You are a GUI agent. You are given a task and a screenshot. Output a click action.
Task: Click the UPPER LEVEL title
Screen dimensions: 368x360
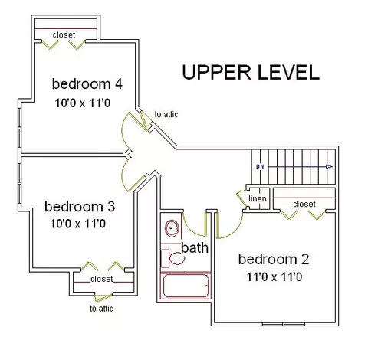click(x=251, y=72)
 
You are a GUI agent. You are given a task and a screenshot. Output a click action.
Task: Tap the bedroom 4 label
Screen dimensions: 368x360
click(x=87, y=84)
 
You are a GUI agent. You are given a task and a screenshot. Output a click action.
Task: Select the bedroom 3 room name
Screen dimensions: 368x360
click(x=80, y=207)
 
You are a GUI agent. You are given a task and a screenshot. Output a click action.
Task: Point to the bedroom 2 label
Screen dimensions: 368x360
click(x=274, y=259)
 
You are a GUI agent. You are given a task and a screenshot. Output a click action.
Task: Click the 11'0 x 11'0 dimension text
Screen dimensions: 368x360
click(x=274, y=277)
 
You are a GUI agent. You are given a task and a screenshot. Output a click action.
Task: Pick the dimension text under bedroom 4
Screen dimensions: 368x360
click(x=83, y=103)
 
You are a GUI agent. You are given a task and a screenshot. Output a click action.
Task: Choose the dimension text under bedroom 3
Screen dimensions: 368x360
click(x=78, y=224)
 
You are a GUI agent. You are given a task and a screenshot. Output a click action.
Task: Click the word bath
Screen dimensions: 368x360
click(x=195, y=247)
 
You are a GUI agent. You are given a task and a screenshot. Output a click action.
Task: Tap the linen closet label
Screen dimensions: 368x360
click(x=258, y=198)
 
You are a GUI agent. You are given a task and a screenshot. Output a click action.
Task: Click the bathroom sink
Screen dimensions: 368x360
click(x=172, y=228)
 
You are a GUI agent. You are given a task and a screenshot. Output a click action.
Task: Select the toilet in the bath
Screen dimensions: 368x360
click(x=173, y=258)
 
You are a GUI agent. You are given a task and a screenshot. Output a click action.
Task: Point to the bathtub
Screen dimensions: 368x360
click(x=186, y=286)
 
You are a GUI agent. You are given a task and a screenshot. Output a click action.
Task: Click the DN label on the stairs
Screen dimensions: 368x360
click(x=260, y=167)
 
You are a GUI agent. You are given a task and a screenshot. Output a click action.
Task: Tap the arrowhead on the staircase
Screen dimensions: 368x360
click(x=330, y=167)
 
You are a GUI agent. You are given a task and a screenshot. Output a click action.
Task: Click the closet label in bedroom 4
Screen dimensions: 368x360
click(x=64, y=34)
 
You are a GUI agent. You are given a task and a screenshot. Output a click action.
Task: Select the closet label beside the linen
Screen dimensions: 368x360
click(x=304, y=204)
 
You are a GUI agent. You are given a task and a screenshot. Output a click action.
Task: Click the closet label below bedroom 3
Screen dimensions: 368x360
click(x=102, y=279)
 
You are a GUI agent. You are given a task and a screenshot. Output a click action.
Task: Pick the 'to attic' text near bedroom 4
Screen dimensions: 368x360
click(x=166, y=114)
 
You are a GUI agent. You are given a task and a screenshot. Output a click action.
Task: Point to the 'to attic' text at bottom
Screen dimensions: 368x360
click(x=101, y=309)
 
